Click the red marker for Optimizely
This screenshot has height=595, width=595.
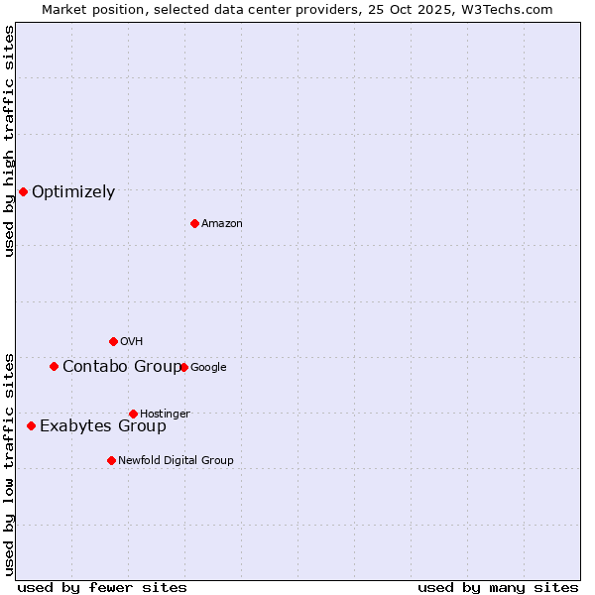[23, 191]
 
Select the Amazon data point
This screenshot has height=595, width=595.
[194, 223]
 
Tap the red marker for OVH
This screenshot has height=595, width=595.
[113, 341]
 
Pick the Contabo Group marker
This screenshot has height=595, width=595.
[54, 366]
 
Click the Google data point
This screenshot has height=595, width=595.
[183, 367]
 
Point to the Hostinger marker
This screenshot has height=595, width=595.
[133, 414]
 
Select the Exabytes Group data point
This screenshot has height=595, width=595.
[31, 425]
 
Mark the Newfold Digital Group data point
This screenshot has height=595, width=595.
[111, 460]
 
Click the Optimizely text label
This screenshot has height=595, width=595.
[73, 192]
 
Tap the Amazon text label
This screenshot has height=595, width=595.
[222, 224]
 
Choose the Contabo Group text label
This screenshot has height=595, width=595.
[122, 367]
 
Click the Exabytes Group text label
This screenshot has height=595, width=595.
[103, 426]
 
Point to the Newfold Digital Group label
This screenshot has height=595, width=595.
[176, 460]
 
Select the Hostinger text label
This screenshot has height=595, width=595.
[165, 414]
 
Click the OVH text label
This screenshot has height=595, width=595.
[132, 342]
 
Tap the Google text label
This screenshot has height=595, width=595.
[208, 368]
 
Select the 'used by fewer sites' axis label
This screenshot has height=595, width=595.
[102, 587]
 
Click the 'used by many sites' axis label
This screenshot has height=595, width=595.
[498, 587]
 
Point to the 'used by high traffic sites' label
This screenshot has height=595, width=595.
[9, 141]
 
